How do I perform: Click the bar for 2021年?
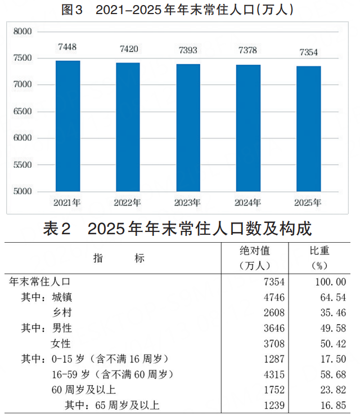(67, 126)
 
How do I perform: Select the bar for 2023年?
(188, 128)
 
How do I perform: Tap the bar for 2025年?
(309, 129)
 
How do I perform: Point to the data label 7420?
(129, 49)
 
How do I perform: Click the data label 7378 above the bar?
(247, 51)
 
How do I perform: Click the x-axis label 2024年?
(247, 203)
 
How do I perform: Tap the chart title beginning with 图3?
(177, 10)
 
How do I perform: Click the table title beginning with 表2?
(177, 229)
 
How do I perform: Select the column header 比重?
(319, 251)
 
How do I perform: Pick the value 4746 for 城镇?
(273, 297)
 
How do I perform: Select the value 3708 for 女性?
(273, 343)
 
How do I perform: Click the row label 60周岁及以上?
(84, 389)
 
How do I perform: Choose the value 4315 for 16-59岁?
(273, 374)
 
